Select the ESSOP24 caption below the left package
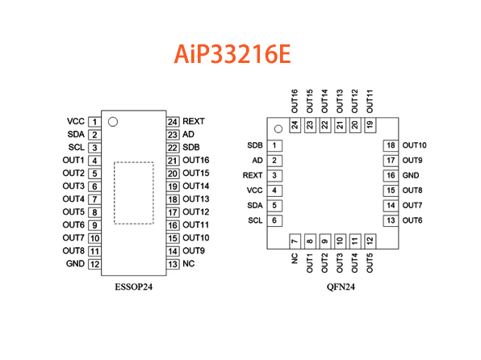[133, 286]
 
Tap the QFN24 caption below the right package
[332, 286]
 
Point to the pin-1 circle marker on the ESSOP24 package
[113, 122]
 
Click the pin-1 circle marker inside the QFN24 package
[278, 128]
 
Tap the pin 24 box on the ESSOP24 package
[173, 121]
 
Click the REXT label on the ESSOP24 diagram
[194, 121]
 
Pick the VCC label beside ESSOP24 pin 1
[76, 121]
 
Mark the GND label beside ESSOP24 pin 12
[75, 264]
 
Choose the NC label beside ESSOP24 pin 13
[188, 264]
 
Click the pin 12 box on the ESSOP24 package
[94, 264]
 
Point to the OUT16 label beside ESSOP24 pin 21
[196, 160]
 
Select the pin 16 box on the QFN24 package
[391, 175]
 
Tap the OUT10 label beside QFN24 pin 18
[416, 145]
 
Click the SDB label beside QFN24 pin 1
[256, 145]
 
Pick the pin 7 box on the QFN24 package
[295, 241]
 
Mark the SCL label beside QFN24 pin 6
[255, 220]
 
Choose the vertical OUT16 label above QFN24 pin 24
[295, 101]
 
